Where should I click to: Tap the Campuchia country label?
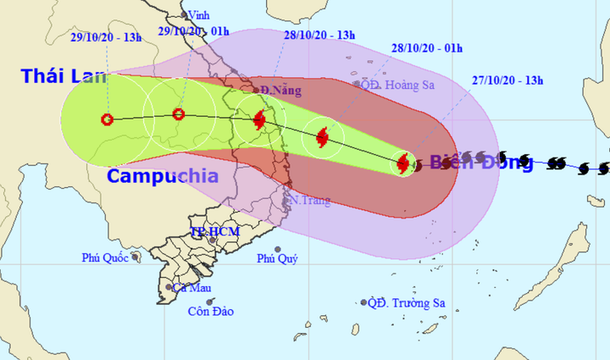[x=163, y=177]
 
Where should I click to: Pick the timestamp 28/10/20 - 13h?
[x=319, y=35]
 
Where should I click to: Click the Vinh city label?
[x=200, y=14]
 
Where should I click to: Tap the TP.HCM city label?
[x=214, y=231]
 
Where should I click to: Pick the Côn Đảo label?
[x=210, y=311]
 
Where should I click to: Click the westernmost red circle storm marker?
[x=107, y=119]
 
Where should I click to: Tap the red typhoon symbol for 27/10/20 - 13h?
[x=403, y=163]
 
